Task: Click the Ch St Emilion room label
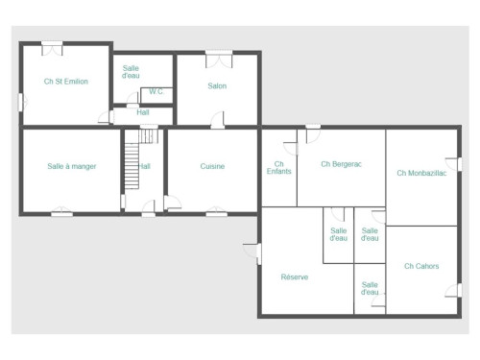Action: pos(66,82)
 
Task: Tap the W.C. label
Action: pos(156,91)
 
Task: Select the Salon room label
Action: pos(217,85)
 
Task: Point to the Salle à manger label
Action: pos(72,166)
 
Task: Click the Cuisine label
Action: pos(212,166)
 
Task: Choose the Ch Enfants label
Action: pos(279,168)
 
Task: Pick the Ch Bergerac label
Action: pos(342,164)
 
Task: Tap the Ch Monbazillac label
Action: pos(421,173)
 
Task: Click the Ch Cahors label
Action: pos(421,266)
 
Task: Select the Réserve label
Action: pos(295,276)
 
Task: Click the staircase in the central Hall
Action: pos(132,166)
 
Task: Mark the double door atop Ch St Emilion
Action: pos(52,49)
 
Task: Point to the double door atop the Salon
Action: pos(219,59)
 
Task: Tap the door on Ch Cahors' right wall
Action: pos(454,290)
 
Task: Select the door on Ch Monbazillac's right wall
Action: pos(454,164)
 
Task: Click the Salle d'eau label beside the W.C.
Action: pos(131,72)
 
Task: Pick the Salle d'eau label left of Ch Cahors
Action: pos(370,288)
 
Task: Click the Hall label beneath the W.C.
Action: pos(143,112)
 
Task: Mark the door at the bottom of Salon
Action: pos(218,120)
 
